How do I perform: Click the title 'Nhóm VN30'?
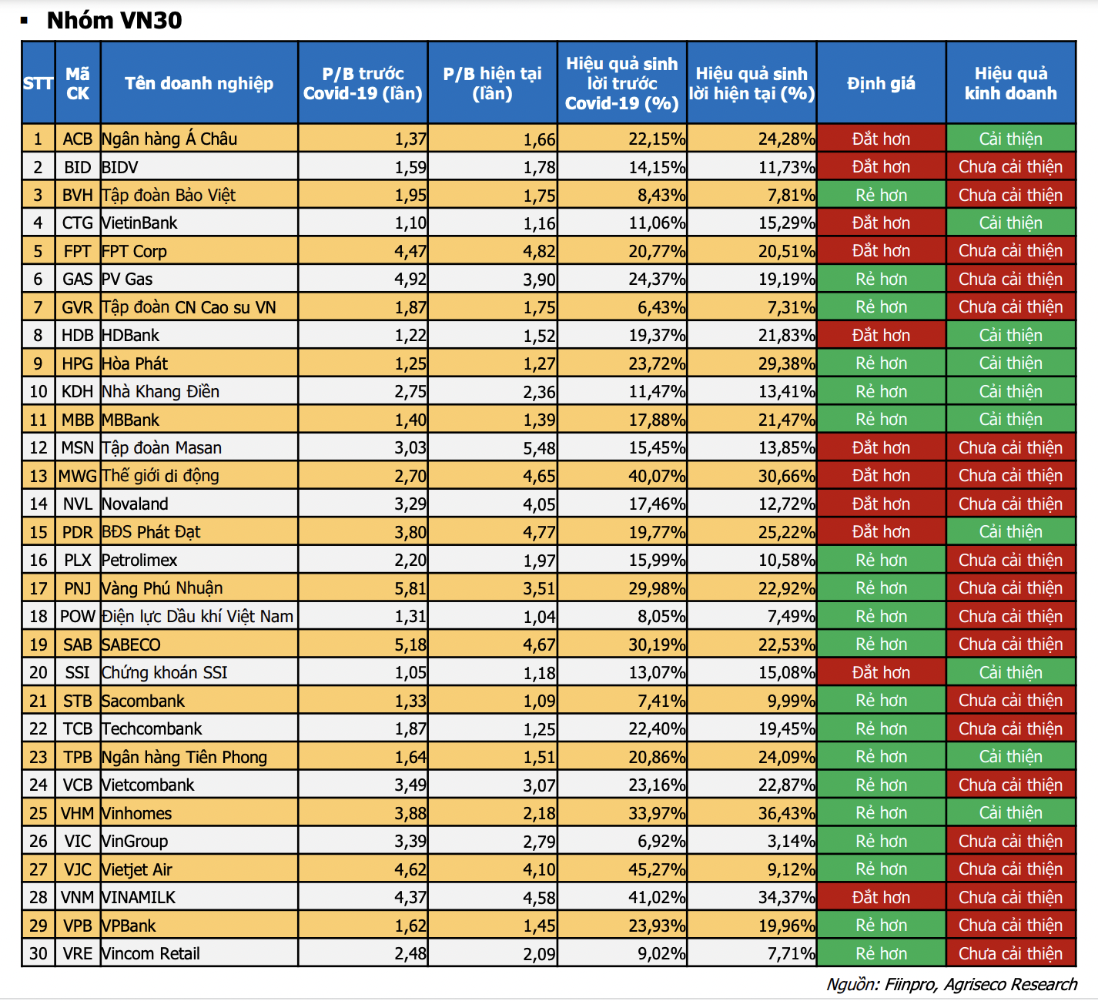(x=114, y=20)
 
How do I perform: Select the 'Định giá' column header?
(x=881, y=83)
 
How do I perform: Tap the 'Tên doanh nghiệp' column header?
(x=199, y=83)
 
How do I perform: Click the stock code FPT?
(x=77, y=251)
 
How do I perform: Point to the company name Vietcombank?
(x=149, y=785)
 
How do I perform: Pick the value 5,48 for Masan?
(x=539, y=448)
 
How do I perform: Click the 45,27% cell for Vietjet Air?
(x=657, y=869)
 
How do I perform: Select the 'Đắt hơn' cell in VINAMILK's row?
(x=881, y=897)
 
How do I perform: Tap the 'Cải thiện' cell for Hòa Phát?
(x=1010, y=363)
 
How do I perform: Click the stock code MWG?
(x=77, y=476)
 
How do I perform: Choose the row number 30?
(x=38, y=953)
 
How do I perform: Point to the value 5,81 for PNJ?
(x=410, y=588)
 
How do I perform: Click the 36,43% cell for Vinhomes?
(x=786, y=813)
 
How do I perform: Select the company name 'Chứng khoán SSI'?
(x=165, y=672)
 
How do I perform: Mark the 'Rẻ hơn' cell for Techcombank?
(x=881, y=728)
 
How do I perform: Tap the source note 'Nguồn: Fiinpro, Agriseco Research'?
(x=952, y=984)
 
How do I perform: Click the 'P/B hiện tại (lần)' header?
(x=492, y=83)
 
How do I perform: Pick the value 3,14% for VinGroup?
(x=791, y=841)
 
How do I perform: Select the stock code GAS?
(x=77, y=279)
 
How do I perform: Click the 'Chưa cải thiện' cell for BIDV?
(x=1010, y=167)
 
